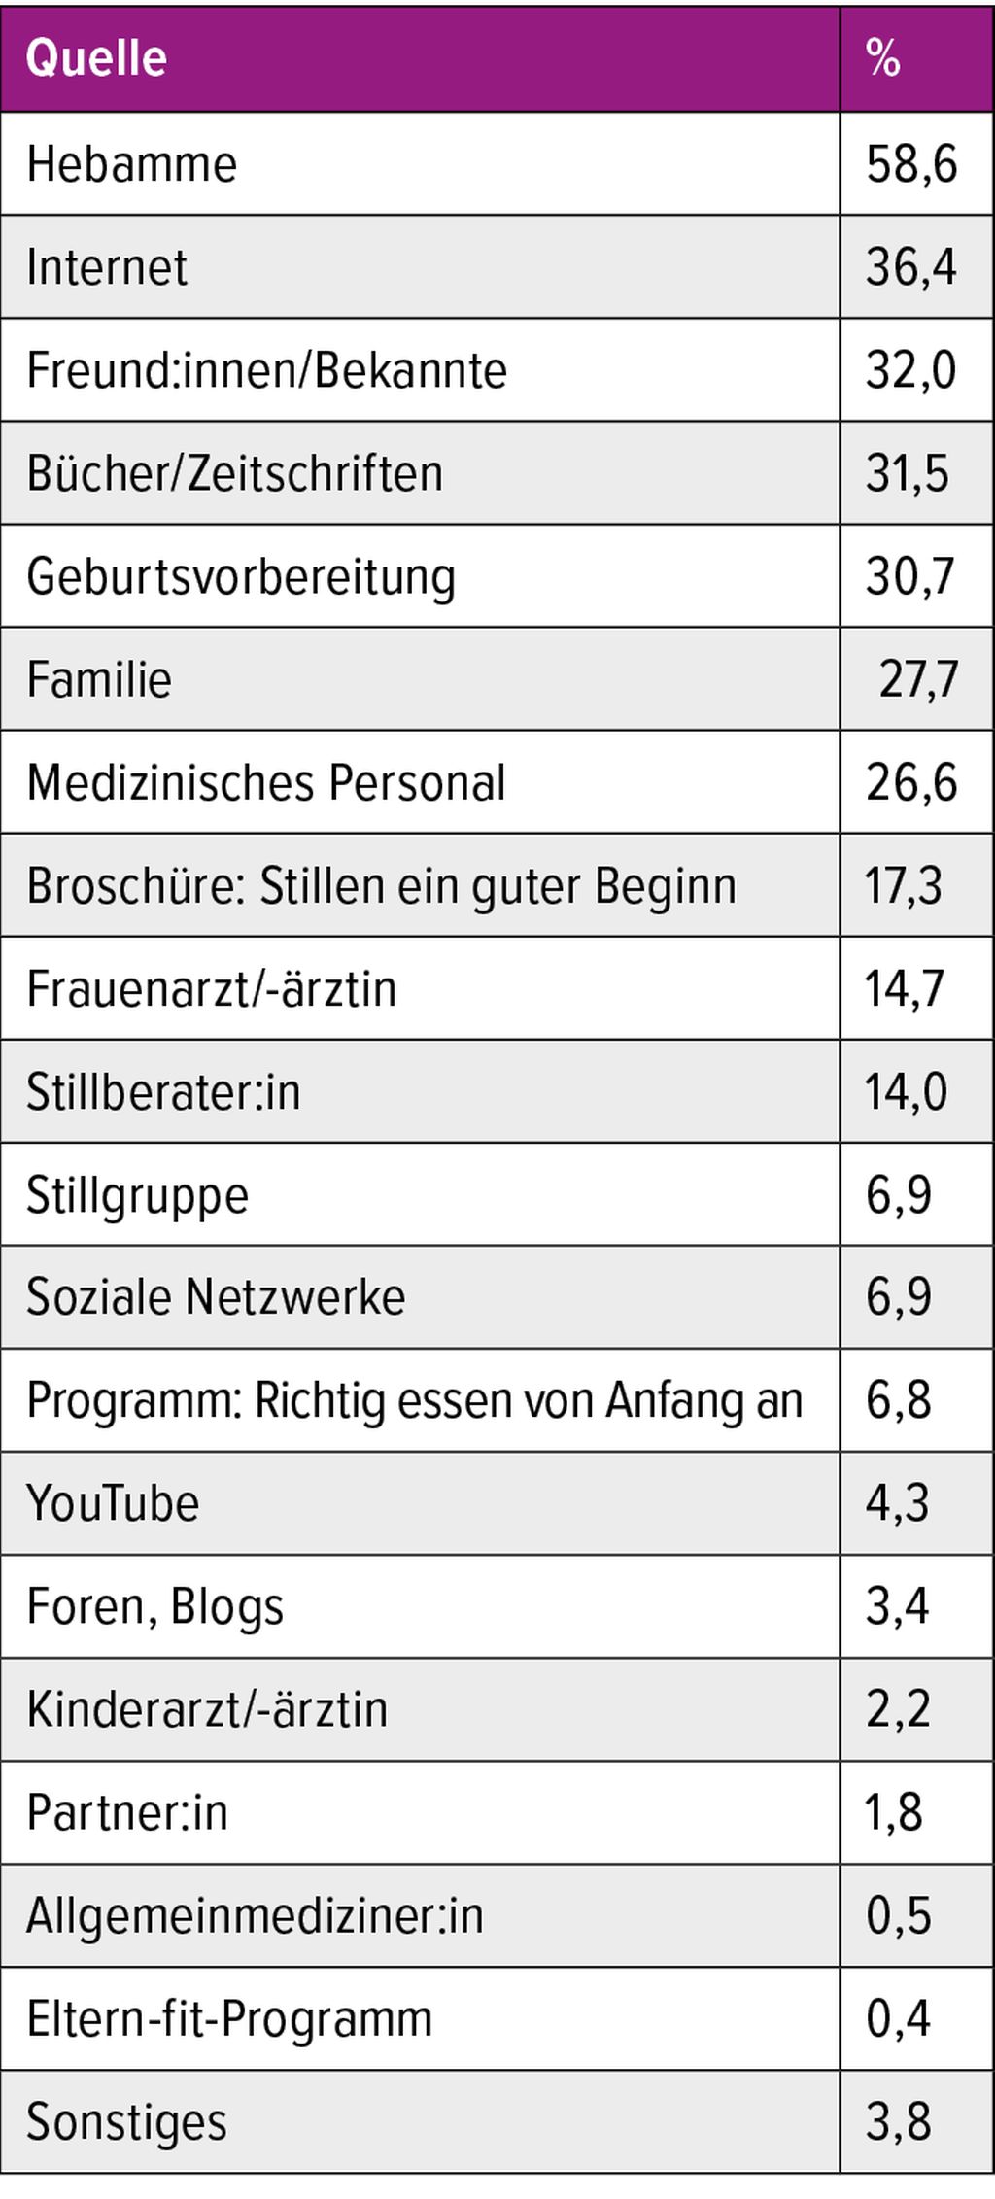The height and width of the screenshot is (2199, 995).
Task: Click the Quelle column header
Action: click(x=96, y=58)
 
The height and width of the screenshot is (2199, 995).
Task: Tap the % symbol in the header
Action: click(x=882, y=58)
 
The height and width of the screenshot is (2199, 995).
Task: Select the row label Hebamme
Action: click(x=131, y=163)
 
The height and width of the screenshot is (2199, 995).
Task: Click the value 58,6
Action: click(x=910, y=163)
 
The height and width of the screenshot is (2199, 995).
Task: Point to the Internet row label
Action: click(x=107, y=267)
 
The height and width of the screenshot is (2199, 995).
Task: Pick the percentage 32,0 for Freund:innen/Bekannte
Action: click(x=910, y=370)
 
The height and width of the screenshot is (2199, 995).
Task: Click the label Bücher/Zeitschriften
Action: click(x=234, y=474)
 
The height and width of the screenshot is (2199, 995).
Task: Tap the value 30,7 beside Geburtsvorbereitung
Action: click(x=910, y=576)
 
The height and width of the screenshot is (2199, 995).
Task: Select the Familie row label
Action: click(x=99, y=679)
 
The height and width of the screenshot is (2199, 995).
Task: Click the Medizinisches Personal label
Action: click(x=265, y=782)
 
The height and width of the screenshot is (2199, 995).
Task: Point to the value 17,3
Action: click(x=903, y=886)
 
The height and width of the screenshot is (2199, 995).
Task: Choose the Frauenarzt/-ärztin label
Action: click(x=211, y=989)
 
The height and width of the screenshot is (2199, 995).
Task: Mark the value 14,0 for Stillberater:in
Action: click(x=906, y=1092)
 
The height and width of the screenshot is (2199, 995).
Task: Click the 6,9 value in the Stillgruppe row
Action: click(x=898, y=1195)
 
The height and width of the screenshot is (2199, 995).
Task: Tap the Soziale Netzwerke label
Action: click(x=215, y=1297)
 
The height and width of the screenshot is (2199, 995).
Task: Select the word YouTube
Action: click(x=113, y=1503)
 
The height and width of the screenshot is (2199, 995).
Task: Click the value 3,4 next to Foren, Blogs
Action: click(x=897, y=1606)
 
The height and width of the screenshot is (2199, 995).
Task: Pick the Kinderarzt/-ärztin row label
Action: click(x=206, y=1709)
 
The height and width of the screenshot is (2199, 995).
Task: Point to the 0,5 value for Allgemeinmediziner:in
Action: click(x=898, y=1915)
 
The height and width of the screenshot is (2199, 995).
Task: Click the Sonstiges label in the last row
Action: click(x=126, y=2121)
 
